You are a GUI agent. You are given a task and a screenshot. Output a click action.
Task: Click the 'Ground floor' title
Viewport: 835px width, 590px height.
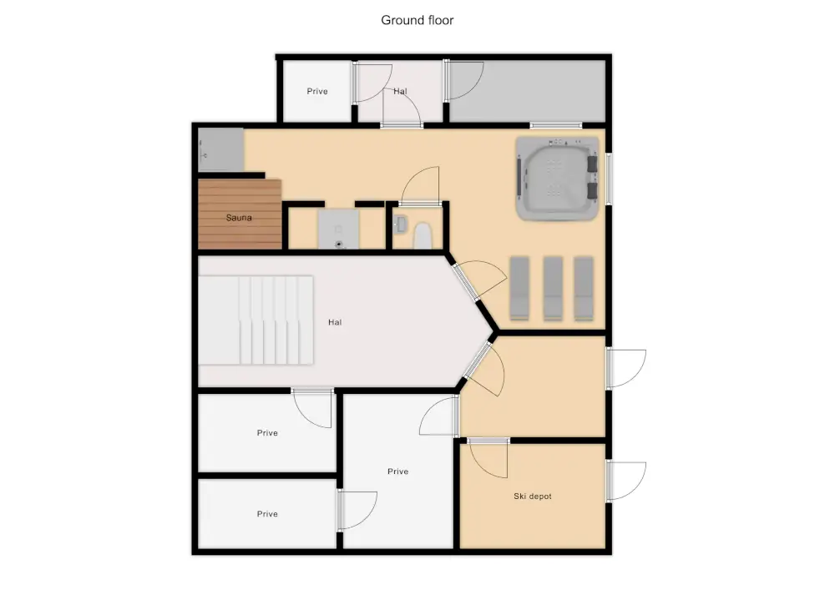tap(417, 20)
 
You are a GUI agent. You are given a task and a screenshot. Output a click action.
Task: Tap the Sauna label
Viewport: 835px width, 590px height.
tap(239, 218)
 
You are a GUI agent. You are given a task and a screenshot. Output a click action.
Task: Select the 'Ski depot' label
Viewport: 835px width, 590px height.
tap(533, 497)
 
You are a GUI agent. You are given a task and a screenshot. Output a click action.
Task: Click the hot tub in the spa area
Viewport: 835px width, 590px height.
tap(557, 179)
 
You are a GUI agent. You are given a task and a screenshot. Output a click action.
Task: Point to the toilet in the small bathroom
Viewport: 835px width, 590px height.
tap(423, 236)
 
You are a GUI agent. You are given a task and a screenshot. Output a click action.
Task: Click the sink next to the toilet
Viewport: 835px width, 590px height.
tap(400, 224)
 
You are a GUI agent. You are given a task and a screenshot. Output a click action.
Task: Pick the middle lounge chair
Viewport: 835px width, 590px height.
tap(553, 289)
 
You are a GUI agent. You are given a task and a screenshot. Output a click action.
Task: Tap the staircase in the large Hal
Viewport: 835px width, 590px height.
tap(256, 320)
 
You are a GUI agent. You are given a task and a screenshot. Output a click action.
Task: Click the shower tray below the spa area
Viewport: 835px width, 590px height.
tap(339, 229)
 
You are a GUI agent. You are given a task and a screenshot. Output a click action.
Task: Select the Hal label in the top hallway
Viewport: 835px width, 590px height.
tap(401, 92)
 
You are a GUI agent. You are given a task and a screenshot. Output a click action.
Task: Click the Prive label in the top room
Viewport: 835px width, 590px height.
tap(316, 92)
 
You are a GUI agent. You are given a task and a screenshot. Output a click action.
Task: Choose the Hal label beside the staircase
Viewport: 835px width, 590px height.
tap(335, 322)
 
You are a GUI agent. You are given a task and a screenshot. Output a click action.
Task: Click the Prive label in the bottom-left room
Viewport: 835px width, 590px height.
tap(267, 514)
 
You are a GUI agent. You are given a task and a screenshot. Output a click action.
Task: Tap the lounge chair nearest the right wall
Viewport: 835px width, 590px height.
tap(584, 289)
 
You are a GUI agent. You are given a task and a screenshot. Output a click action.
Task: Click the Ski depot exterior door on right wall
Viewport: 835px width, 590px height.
tap(626, 481)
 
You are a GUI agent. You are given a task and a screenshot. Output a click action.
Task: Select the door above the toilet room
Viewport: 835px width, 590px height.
tap(420, 185)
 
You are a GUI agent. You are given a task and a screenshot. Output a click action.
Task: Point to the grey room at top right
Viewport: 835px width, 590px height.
tap(527, 91)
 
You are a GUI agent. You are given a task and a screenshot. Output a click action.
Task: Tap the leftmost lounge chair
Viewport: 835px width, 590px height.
tap(519, 289)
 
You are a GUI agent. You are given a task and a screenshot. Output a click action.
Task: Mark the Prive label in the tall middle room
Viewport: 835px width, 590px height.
tap(397, 471)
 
